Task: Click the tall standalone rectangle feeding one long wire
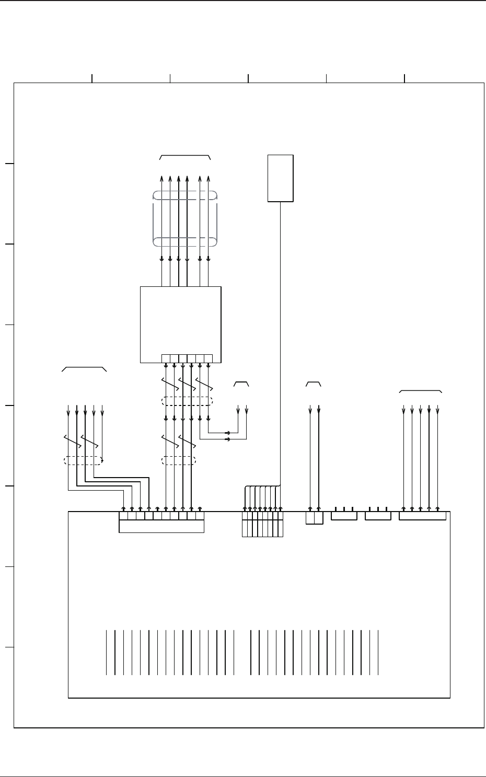(x=281, y=178)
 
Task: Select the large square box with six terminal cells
(x=181, y=324)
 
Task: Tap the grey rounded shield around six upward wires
(x=184, y=218)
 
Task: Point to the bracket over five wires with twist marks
(x=84, y=369)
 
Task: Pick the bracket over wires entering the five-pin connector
(x=421, y=391)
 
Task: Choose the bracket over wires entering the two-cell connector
(x=313, y=384)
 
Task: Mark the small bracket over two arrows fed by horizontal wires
(x=241, y=384)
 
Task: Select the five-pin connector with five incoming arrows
(x=422, y=516)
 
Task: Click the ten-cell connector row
(x=161, y=516)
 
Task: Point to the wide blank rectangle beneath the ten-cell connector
(x=161, y=527)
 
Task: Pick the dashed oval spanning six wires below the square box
(x=187, y=401)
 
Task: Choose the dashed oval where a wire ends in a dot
(x=83, y=460)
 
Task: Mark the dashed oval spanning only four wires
(x=179, y=460)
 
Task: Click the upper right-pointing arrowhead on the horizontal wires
(x=227, y=433)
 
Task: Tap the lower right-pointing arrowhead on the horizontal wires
(x=227, y=439)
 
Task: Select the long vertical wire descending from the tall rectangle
(x=281, y=340)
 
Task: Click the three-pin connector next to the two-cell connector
(x=344, y=516)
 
